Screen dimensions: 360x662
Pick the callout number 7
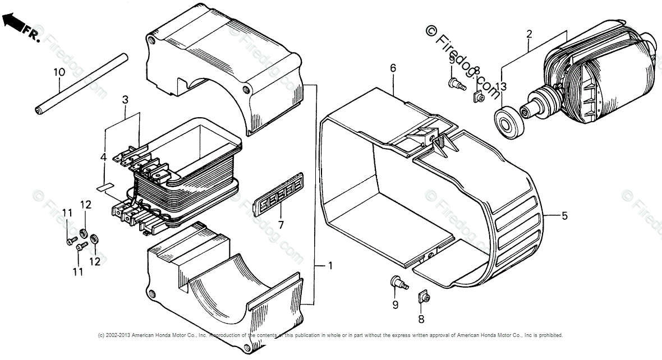click(x=281, y=225)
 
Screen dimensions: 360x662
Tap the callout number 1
click(x=330, y=266)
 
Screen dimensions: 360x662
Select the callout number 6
click(x=393, y=68)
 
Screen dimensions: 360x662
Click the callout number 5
click(x=564, y=215)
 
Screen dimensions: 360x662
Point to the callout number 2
click(x=528, y=34)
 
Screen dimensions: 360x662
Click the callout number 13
click(x=501, y=86)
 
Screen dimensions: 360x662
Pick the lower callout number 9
click(x=395, y=304)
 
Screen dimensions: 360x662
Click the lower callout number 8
click(x=421, y=320)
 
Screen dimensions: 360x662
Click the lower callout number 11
click(x=77, y=271)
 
